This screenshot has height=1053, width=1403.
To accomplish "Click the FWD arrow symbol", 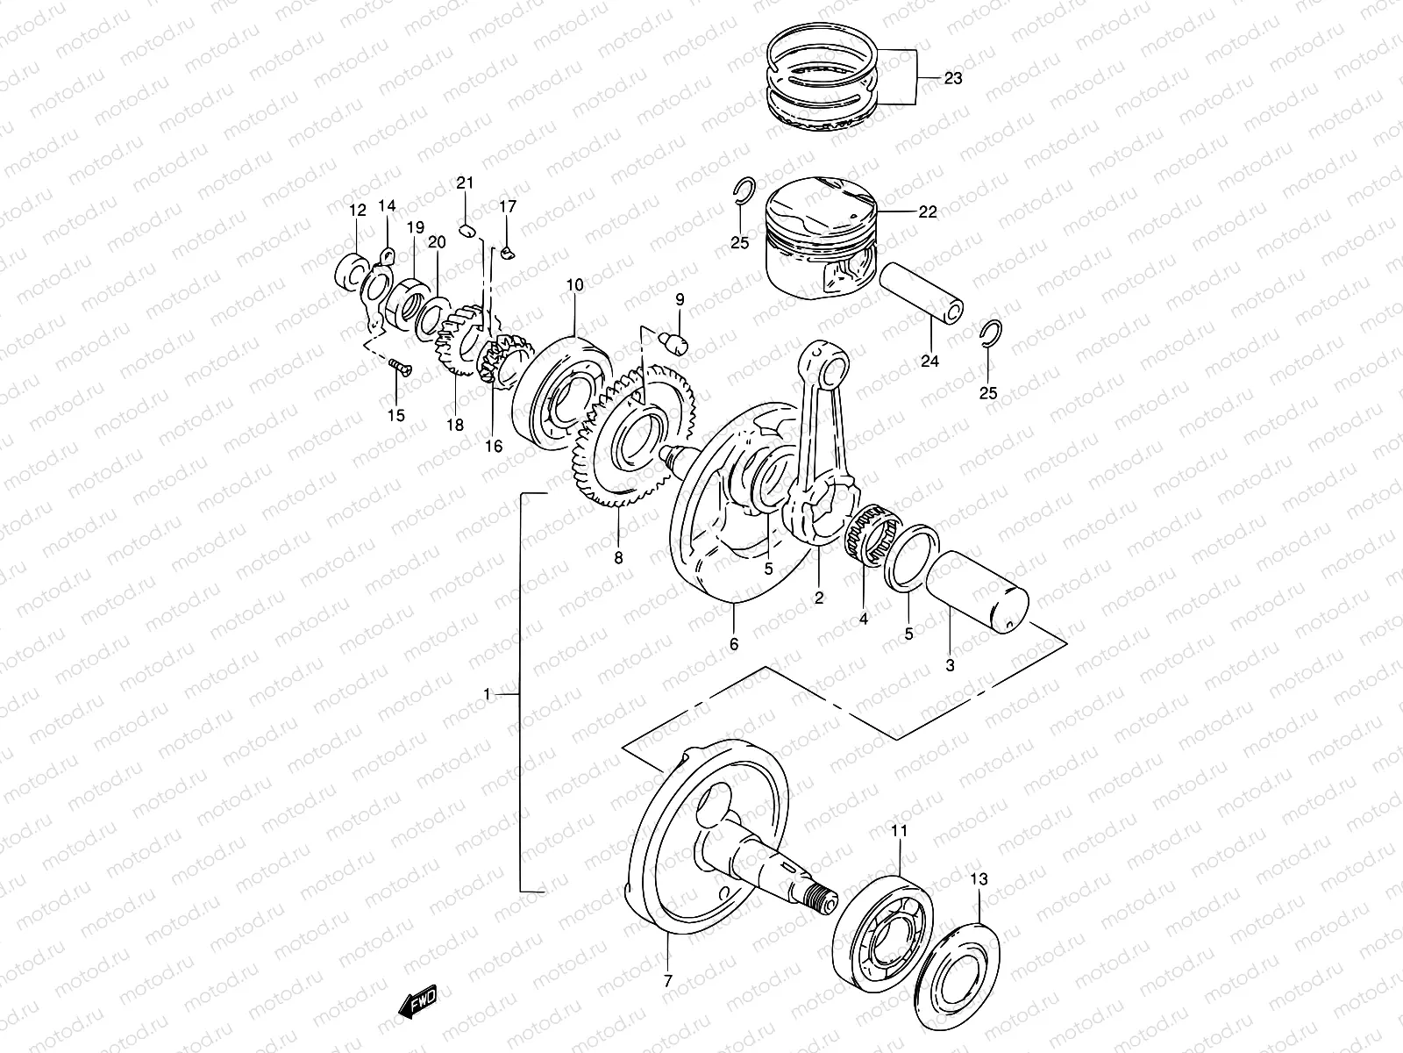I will pyautogui.click(x=417, y=1001).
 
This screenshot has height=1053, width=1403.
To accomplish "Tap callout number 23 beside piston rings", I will pyautogui.click(x=953, y=78).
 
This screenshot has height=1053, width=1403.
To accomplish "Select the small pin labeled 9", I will pyautogui.click(x=679, y=341).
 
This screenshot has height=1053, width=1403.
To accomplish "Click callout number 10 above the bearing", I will pyautogui.click(x=574, y=285).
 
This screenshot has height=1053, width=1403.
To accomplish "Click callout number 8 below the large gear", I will pyautogui.click(x=619, y=557).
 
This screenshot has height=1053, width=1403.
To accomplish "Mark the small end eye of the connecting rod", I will pyautogui.click(x=825, y=362).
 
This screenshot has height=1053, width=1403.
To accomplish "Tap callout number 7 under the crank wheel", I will pyautogui.click(x=667, y=981).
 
